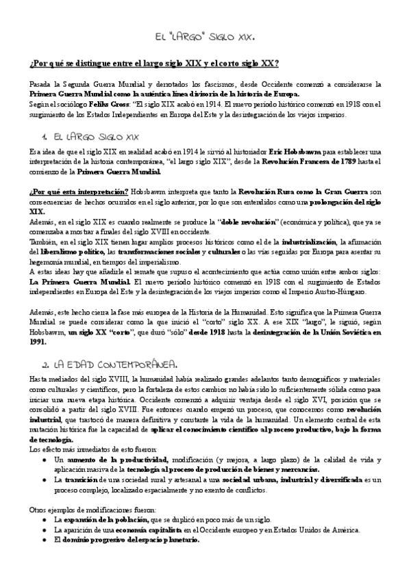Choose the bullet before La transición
(44, 481)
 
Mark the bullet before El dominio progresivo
(44, 540)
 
